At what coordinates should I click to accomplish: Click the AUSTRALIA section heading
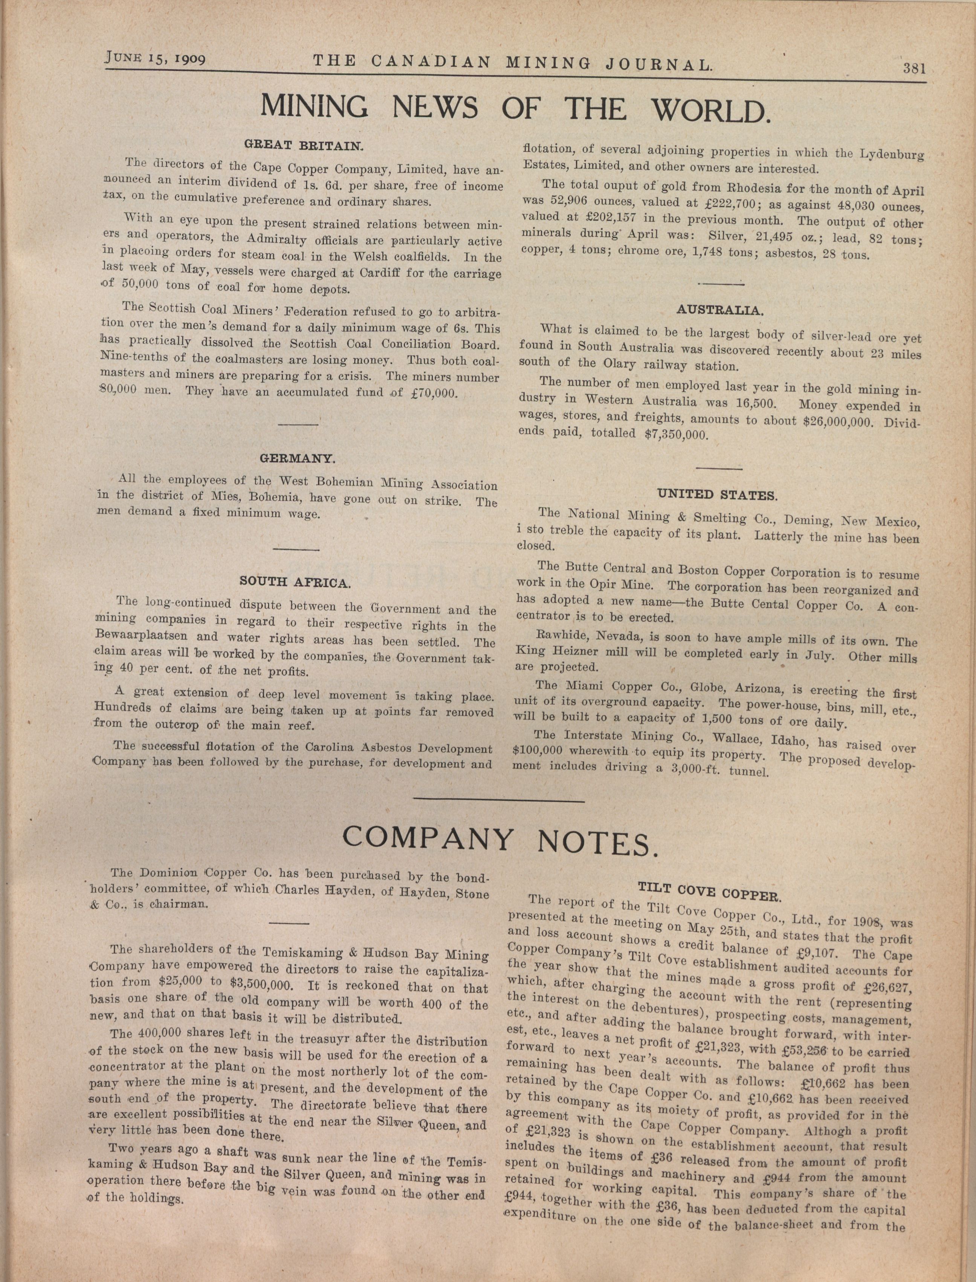tap(720, 310)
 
